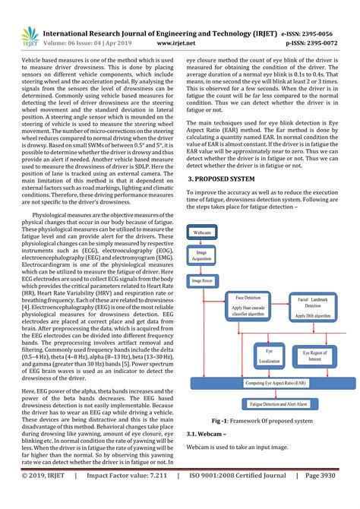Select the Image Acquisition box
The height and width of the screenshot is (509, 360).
point(201,255)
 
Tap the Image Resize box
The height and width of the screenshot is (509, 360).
point(202,280)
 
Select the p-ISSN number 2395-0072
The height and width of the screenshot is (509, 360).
point(327,44)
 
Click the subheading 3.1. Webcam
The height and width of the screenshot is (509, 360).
point(213,434)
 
